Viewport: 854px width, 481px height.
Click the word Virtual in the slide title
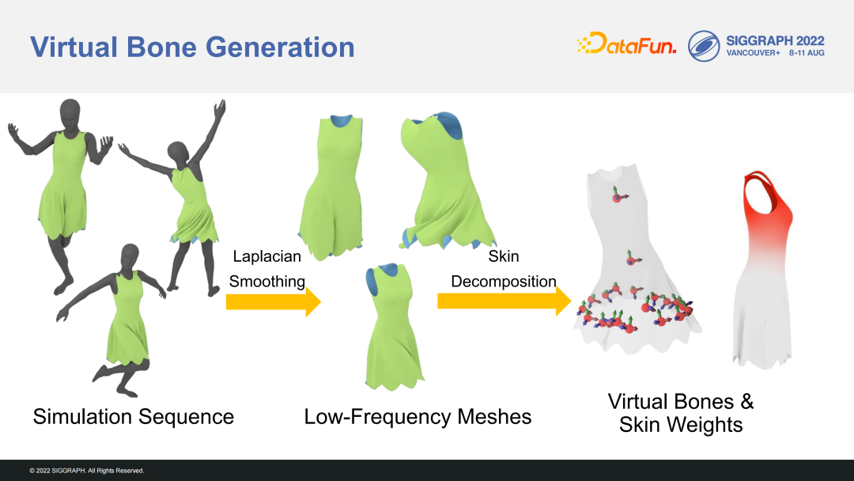coord(74,47)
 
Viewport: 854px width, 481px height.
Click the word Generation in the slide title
coord(280,47)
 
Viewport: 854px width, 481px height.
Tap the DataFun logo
coord(626,43)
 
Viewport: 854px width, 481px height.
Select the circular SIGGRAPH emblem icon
coord(704,46)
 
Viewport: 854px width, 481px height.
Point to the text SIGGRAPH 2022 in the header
coord(775,41)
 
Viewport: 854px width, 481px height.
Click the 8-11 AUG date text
coord(807,53)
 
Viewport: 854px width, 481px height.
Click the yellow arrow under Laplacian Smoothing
coord(274,301)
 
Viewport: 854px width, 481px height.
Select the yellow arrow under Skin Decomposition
coord(504,301)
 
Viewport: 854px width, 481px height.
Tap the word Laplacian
coord(267,256)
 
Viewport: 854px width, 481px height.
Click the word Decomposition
coord(504,281)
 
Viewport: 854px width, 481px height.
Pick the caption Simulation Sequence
coord(134,417)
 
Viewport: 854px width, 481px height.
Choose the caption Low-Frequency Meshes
coord(418,417)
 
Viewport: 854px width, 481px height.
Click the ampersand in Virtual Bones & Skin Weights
coord(746,402)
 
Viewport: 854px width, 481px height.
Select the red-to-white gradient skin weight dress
coord(762,271)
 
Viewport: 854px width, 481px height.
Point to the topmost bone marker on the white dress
coord(618,195)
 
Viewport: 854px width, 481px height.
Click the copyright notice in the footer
coord(87,471)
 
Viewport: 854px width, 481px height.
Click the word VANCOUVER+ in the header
coord(754,53)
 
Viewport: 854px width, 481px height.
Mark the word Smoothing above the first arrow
coord(267,281)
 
